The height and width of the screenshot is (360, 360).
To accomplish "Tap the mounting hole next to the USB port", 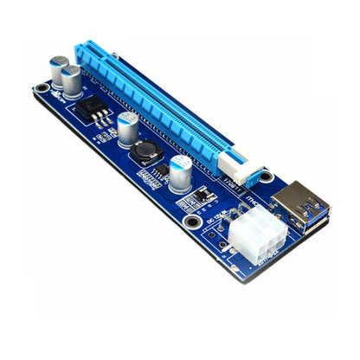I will [266, 177].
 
